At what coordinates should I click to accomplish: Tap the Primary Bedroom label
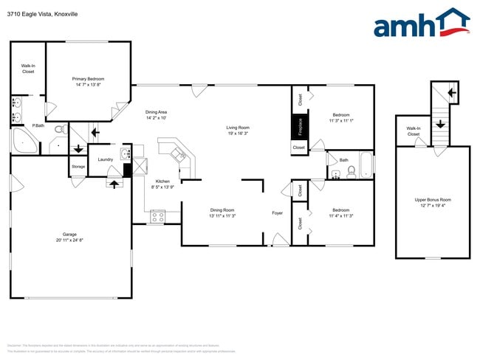88,78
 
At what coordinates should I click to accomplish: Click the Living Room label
238,128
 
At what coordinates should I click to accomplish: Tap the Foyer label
278,213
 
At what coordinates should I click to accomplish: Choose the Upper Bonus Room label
433,199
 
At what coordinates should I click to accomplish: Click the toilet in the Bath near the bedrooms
352,172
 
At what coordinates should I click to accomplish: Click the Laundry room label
105,159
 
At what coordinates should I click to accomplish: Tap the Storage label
78,167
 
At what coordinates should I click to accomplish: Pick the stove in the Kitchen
158,216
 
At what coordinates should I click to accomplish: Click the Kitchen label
162,181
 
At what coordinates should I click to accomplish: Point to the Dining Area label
156,112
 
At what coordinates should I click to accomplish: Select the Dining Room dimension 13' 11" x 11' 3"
222,216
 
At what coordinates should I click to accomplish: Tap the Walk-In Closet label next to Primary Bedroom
28,69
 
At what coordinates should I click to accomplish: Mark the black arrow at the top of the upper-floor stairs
452,94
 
